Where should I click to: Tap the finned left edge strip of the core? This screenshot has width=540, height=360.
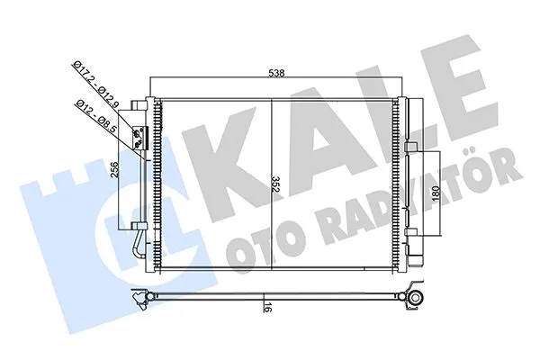158,180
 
